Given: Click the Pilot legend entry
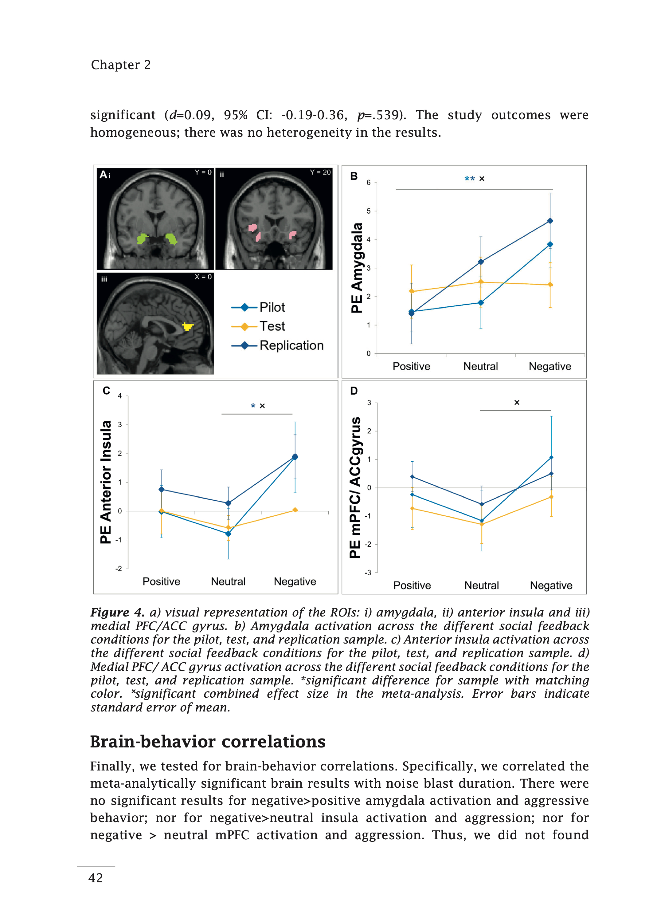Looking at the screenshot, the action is point(258,307).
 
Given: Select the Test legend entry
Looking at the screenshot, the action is point(258,326).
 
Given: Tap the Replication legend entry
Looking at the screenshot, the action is point(277,345).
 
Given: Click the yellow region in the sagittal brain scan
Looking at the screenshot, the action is point(188,326).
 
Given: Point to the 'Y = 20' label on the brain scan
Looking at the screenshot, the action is point(320,172).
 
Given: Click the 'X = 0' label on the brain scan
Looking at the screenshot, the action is point(203,277).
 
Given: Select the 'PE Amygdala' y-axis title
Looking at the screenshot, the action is point(357,268).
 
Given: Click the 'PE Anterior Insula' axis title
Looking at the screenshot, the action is point(106,482).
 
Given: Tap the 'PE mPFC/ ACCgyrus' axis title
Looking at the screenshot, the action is point(355,487).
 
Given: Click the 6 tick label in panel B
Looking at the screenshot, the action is point(369,183).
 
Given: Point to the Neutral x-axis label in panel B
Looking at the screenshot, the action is point(480,366).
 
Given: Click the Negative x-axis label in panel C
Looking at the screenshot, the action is point(295,582).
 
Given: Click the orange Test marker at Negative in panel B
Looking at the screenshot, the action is point(550,285).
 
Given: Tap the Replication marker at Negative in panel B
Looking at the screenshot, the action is point(550,221).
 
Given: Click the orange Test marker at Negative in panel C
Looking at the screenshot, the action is point(295,510).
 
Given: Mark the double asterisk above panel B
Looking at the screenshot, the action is point(470,179).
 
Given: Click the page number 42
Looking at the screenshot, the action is point(96,878).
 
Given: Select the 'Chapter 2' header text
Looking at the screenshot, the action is point(121,65).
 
